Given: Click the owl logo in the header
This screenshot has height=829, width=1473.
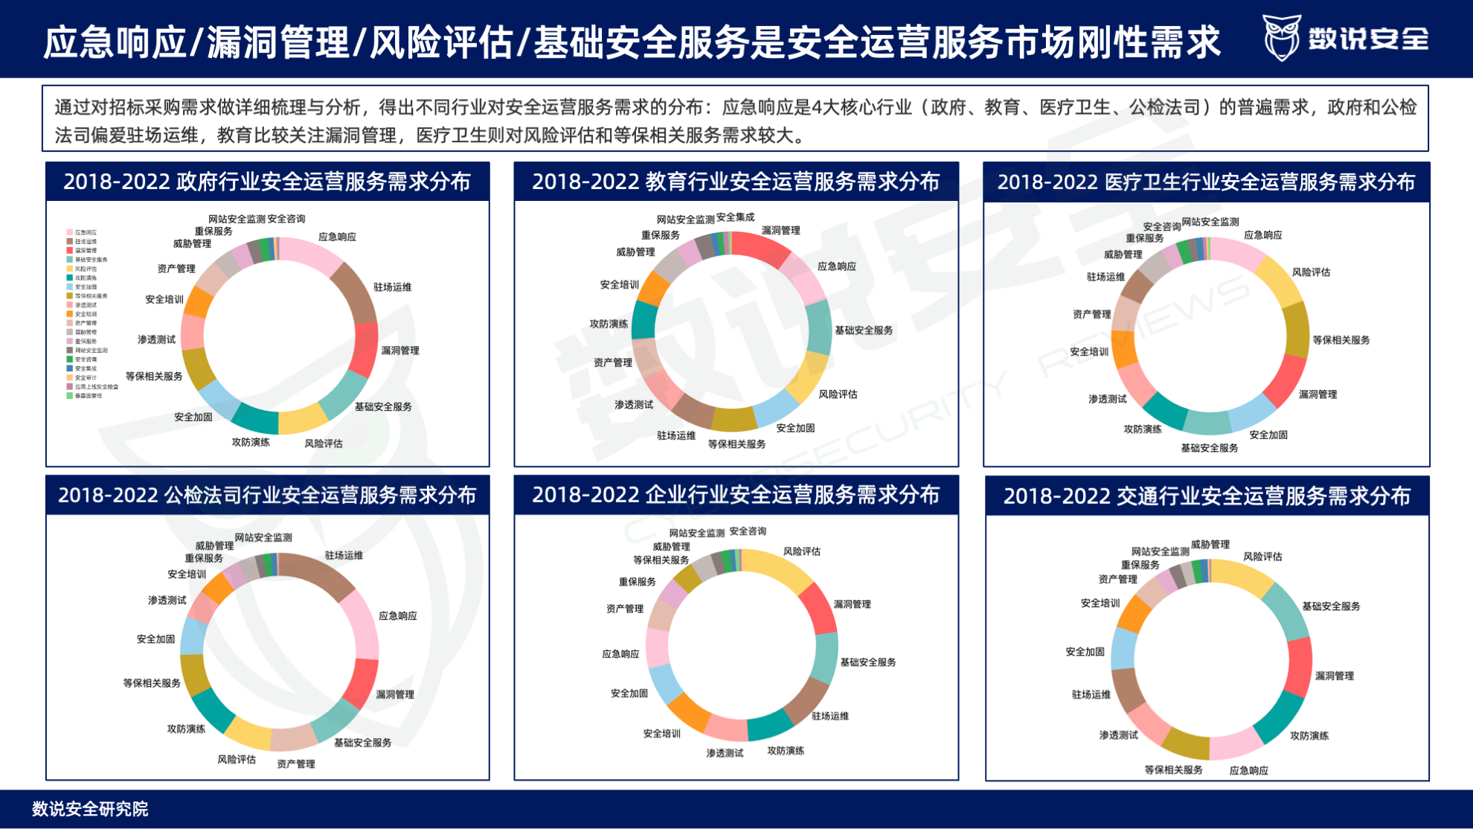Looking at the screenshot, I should pyautogui.click(x=1281, y=37).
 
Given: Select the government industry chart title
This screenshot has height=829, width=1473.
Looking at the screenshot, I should pyautogui.click(x=267, y=182).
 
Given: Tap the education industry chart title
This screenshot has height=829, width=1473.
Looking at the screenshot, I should pyautogui.click(x=736, y=182).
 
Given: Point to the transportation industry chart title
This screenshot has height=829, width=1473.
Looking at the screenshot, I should pyautogui.click(x=1207, y=496).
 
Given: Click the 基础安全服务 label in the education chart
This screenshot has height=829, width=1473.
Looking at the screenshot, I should pyautogui.click(x=864, y=330).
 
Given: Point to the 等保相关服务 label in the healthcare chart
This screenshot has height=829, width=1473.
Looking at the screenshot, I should pyautogui.click(x=1341, y=340).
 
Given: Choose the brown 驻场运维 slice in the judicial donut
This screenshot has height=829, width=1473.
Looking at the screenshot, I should pyautogui.click(x=318, y=572).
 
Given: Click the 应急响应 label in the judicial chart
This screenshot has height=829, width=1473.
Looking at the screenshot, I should pyautogui.click(x=398, y=616).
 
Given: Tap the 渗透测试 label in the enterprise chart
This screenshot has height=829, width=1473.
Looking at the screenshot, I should pyautogui.click(x=725, y=753).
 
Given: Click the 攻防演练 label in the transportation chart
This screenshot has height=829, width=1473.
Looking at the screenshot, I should pyautogui.click(x=1309, y=736).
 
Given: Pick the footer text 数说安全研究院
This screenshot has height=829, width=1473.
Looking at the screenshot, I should pyautogui.click(x=90, y=809).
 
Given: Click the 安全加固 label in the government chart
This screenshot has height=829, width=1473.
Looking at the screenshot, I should pyautogui.click(x=193, y=417).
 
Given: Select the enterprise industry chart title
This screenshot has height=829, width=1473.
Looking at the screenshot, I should pyautogui.click(x=736, y=495).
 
